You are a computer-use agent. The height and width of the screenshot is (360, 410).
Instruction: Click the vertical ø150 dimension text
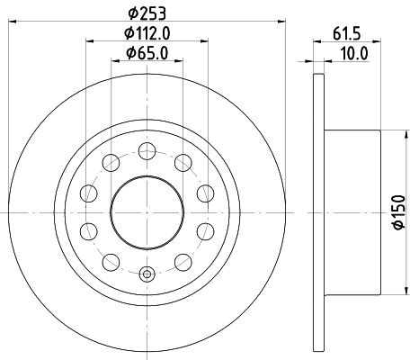(x=397, y=215)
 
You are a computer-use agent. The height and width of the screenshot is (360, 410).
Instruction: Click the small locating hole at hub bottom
(x=148, y=274)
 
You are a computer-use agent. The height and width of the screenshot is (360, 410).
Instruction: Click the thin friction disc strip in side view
(x=316, y=214)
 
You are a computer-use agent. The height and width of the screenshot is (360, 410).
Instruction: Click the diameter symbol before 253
(x=131, y=11)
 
